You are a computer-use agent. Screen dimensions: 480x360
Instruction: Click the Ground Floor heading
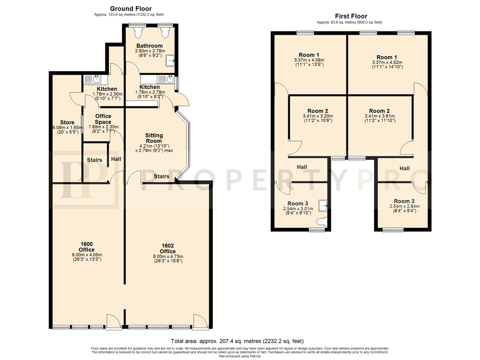[x=131, y=8]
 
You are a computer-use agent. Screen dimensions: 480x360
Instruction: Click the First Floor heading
[x=351, y=16]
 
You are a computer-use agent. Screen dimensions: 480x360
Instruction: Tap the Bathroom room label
[x=150, y=46]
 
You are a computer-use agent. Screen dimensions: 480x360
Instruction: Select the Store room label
[x=67, y=122]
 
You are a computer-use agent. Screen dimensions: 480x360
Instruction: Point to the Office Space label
[x=103, y=119]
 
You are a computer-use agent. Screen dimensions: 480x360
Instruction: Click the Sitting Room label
[x=154, y=138]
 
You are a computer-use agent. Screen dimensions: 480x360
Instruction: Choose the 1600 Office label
[x=87, y=247]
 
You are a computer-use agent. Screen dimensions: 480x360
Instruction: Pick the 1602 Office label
[x=168, y=248]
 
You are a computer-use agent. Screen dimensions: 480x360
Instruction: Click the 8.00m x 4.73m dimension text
[x=168, y=256]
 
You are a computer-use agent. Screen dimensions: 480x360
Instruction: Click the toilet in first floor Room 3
[x=323, y=222]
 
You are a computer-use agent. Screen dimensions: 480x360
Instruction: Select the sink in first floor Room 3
[x=323, y=206]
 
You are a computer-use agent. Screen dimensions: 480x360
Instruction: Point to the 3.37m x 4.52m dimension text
[x=387, y=62]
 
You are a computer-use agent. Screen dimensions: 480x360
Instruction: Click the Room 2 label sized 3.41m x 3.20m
[x=318, y=111]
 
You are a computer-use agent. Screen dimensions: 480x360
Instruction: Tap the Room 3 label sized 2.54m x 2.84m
[x=404, y=201]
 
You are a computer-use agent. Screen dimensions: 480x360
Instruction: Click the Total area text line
[x=237, y=341]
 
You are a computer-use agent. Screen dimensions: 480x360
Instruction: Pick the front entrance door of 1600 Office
[x=114, y=322]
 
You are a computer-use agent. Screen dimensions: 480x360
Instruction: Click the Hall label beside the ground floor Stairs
[x=116, y=159]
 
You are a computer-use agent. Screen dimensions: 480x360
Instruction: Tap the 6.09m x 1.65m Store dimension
[x=67, y=127]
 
